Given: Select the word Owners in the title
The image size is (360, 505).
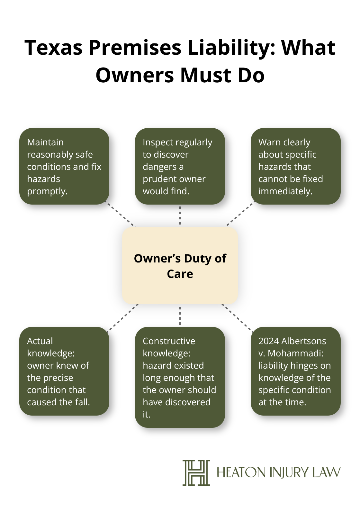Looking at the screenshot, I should pos(135,75).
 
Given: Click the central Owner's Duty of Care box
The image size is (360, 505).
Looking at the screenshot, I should pos(180,266).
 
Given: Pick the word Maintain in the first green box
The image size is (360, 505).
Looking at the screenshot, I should pos(45,142).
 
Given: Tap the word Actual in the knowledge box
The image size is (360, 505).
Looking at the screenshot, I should pos(40,341).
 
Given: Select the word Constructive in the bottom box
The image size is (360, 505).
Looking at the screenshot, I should pos(169,341).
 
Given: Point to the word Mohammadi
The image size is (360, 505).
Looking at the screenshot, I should pos(295,353).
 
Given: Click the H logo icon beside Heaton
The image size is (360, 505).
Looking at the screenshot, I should pos(196,473).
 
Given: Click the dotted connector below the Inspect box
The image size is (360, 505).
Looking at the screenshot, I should pos(180,216).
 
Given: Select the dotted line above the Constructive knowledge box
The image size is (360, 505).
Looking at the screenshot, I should pos(180,316).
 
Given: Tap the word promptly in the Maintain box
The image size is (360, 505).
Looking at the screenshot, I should pos(47,191).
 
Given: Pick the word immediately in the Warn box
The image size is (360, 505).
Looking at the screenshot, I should pos(285,191).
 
